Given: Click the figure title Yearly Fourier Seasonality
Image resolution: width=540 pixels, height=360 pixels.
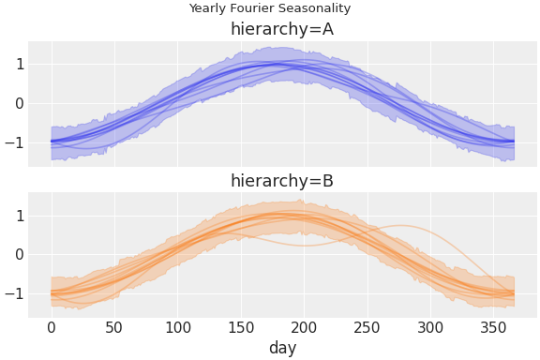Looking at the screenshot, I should click(269, 8).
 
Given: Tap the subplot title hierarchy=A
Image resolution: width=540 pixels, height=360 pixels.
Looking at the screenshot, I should click(281, 29).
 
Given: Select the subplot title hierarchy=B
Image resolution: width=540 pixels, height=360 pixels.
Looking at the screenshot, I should click(281, 181).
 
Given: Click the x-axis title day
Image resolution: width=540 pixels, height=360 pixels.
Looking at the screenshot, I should click(282, 348).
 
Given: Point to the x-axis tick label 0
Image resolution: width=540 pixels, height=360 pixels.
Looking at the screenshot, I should click(52, 327).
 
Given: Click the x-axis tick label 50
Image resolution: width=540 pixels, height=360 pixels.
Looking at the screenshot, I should click(114, 327).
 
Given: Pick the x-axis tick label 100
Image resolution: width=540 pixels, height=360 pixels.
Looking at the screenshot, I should click(178, 327).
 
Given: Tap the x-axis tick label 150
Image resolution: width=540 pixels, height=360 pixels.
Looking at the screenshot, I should click(241, 327).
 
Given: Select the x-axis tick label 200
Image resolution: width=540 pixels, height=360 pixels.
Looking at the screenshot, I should click(304, 327).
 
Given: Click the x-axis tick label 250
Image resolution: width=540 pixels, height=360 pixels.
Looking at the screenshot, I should click(367, 327).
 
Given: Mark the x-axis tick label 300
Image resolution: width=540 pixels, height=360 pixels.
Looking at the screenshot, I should click(430, 327).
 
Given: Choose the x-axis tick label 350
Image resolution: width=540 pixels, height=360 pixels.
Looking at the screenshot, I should click(493, 327).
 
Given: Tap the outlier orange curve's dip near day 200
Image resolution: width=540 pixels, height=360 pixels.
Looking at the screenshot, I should click(304, 245).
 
